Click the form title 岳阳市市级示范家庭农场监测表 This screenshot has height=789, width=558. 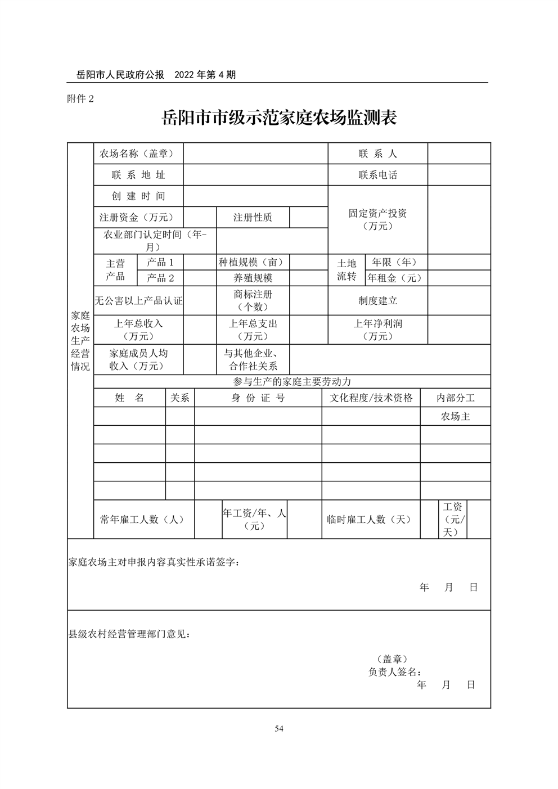click(x=279, y=118)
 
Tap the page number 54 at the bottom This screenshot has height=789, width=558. click(x=279, y=729)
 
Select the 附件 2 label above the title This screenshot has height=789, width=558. click(x=80, y=98)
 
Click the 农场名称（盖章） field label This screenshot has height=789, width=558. click(x=137, y=154)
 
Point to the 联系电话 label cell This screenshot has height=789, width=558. click(x=377, y=175)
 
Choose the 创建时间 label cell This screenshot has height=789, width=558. click(x=138, y=196)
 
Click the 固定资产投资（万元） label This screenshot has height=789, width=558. click(x=377, y=219)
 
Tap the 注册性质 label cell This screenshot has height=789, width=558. click(x=253, y=218)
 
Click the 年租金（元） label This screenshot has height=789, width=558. click(x=395, y=278)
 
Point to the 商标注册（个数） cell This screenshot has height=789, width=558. click(x=253, y=300)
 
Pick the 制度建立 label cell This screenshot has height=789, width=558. click(x=377, y=301)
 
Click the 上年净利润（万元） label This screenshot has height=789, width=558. click(x=377, y=330)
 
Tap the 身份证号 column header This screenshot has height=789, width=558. click(x=258, y=398)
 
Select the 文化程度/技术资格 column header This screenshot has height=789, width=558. click(x=371, y=398)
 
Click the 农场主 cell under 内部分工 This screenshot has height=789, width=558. click(x=455, y=417)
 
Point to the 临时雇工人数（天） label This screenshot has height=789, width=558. click(x=370, y=520)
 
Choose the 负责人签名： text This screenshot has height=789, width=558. click(x=395, y=671)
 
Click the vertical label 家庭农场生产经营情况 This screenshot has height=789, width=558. click(x=80, y=341)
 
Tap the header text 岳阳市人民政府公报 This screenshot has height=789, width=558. click(x=120, y=75)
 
